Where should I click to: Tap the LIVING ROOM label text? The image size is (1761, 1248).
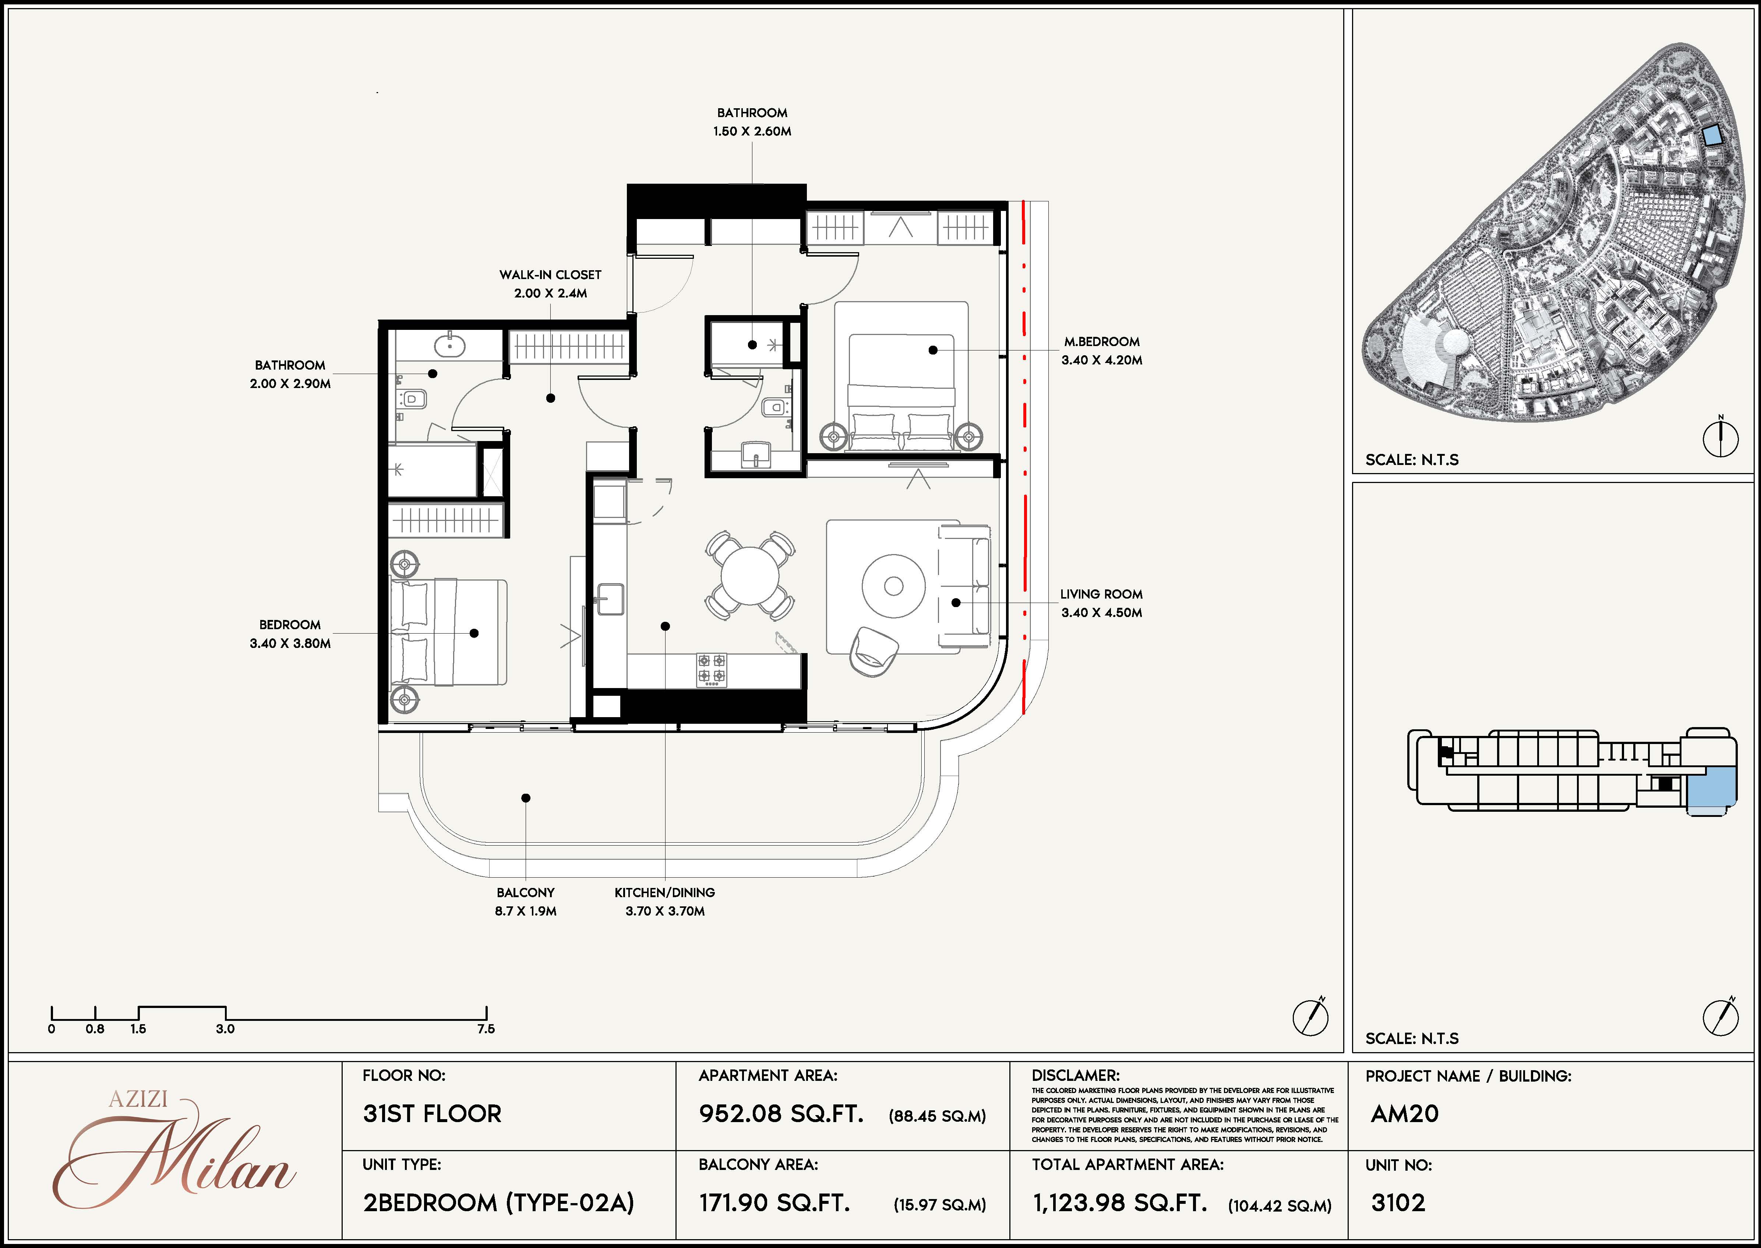click(x=1101, y=594)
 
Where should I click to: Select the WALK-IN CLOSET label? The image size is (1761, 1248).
click(x=550, y=274)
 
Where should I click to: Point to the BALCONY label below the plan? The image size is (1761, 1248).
click(x=526, y=892)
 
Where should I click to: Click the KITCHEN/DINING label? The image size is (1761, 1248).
click(x=664, y=892)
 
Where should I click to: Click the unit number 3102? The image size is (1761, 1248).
click(x=1398, y=1203)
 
